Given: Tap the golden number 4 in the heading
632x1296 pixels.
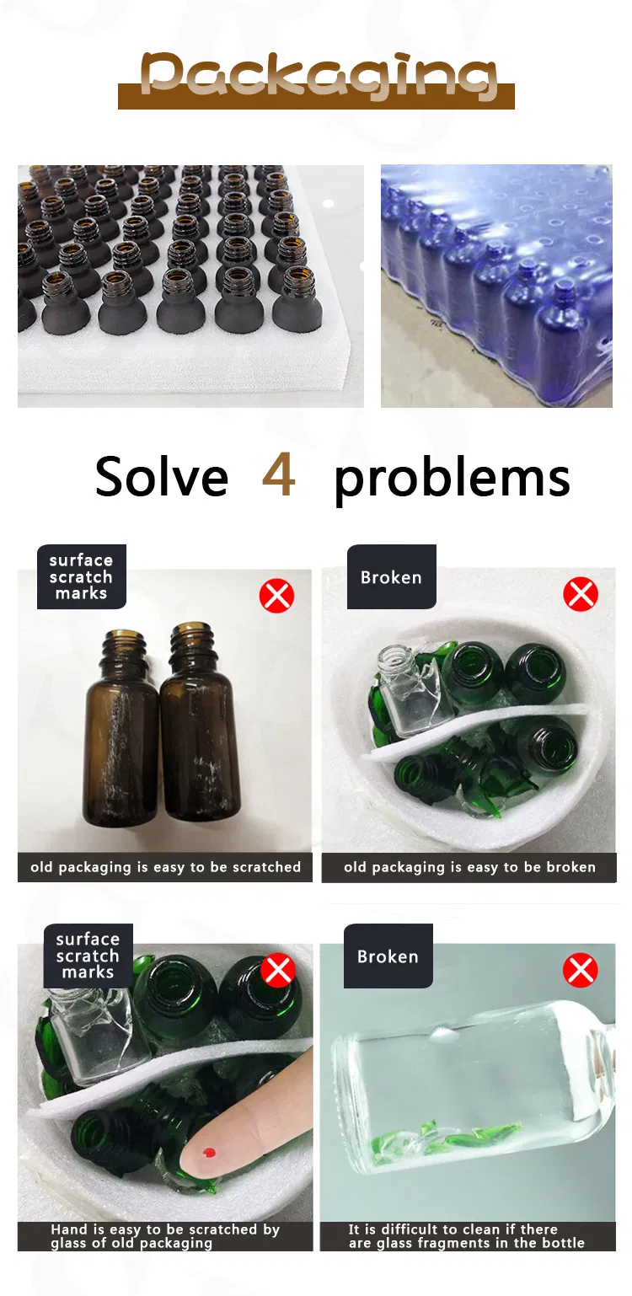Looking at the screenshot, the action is point(279,475).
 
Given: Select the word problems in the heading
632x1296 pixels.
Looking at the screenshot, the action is point(452,480).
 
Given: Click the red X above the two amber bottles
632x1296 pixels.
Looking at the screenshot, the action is point(276,596).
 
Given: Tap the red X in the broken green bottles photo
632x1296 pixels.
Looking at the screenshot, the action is point(581,593).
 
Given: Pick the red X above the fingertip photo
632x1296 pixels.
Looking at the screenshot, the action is point(278,970).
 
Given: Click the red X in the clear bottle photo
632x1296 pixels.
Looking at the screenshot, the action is point(580,970).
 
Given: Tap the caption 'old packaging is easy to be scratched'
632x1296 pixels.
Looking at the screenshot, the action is point(165,867).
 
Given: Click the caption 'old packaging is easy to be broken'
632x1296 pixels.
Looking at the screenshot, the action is point(469,867).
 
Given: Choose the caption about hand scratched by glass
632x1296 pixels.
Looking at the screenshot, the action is point(165,1236).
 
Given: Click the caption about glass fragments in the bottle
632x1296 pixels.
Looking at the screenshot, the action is point(467,1236).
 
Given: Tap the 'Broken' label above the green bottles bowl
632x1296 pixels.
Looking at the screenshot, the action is point(391,577).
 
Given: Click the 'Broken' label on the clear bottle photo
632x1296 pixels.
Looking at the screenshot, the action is point(388,956).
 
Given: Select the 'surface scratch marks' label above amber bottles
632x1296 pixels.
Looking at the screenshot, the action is point(82,576).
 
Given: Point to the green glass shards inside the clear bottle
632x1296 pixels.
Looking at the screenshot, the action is point(446,1136).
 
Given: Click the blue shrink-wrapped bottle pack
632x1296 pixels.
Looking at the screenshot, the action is point(496,287).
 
